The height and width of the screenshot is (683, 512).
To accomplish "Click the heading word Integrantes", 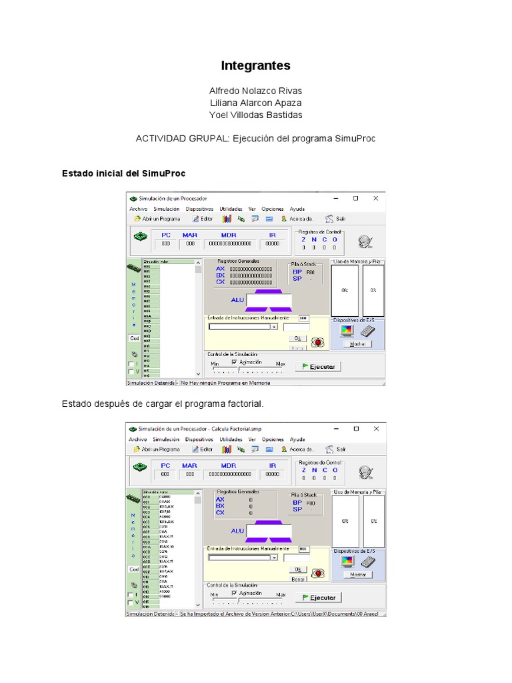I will pos(255,65).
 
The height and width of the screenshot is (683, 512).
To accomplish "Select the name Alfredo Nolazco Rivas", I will pos(255,91).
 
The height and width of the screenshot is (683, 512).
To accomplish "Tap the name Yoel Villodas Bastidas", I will pos(255,115).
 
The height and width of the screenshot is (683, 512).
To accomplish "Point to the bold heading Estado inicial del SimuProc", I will pos(123,173).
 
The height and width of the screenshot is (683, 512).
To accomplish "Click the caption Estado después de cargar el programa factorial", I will pos(163,404).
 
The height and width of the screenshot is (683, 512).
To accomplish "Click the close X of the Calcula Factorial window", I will pos(375,428).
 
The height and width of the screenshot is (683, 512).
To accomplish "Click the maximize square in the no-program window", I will pos(355,198).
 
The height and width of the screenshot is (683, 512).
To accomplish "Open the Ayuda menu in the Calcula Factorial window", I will pos(297,440).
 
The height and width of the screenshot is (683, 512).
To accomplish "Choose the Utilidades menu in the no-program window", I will pos(231,209).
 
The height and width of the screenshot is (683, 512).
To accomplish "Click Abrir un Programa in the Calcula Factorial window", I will pos(157,450).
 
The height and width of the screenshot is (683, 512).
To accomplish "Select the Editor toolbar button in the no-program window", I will pos(203,219).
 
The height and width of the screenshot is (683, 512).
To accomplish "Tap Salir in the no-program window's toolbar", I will pos(336,219).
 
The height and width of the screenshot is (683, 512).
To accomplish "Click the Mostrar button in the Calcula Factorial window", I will pos(358,574).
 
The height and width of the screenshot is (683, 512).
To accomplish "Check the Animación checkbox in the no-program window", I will pos(235,362).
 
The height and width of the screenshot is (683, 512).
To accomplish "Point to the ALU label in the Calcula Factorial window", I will pos(237,531).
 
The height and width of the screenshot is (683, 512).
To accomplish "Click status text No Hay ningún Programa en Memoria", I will pos(225,383).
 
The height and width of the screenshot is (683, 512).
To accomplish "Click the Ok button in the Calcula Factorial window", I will pos(298,569).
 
